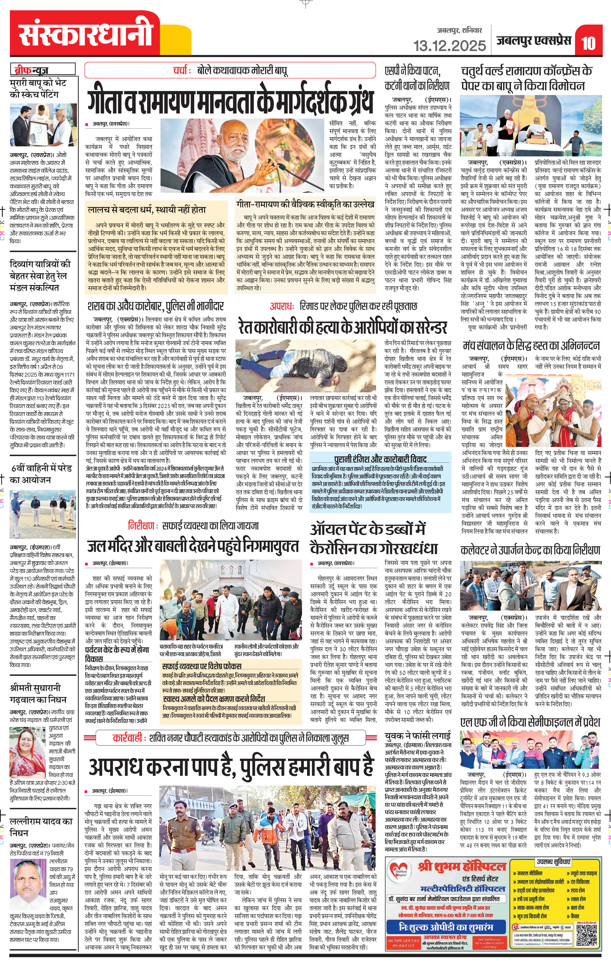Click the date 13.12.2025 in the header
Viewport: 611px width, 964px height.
[x=449, y=45]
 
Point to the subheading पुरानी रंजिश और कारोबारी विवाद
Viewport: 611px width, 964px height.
[x=380, y=459]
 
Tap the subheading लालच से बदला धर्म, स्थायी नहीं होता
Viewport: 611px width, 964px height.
[x=147, y=210]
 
